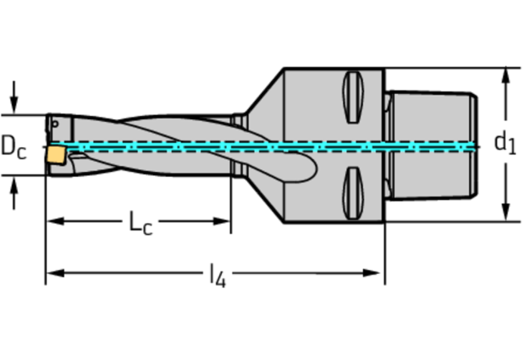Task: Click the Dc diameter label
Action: [13, 147]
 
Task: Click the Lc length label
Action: [141, 223]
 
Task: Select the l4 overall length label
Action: [217, 275]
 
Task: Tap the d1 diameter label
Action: [505, 143]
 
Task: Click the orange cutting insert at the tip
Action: [56, 155]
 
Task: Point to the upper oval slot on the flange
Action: [353, 97]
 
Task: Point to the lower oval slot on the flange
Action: [353, 193]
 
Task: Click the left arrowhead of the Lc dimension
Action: [56, 221]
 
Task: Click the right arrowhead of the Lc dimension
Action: [221, 221]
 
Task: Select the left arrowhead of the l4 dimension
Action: [56, 273]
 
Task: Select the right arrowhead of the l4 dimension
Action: [371, 273]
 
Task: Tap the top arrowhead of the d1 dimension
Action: [506, 76]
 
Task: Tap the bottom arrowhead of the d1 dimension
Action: [506, 213]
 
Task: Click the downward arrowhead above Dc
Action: [14, 106]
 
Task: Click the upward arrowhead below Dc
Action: [14, 185]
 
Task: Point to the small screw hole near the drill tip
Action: [56, 124]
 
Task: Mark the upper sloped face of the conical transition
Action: [264, 91]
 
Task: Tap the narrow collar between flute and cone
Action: [239, 145]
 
